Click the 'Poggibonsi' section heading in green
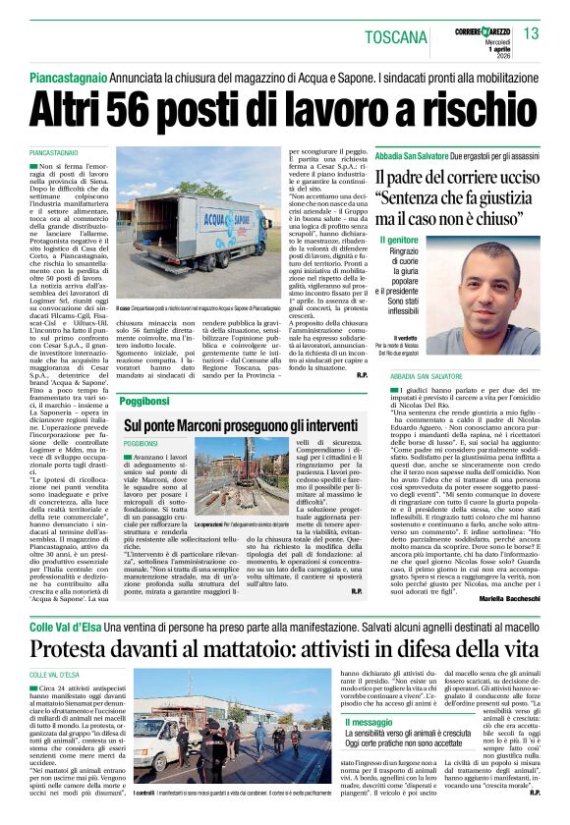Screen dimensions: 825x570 pos(146,402)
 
